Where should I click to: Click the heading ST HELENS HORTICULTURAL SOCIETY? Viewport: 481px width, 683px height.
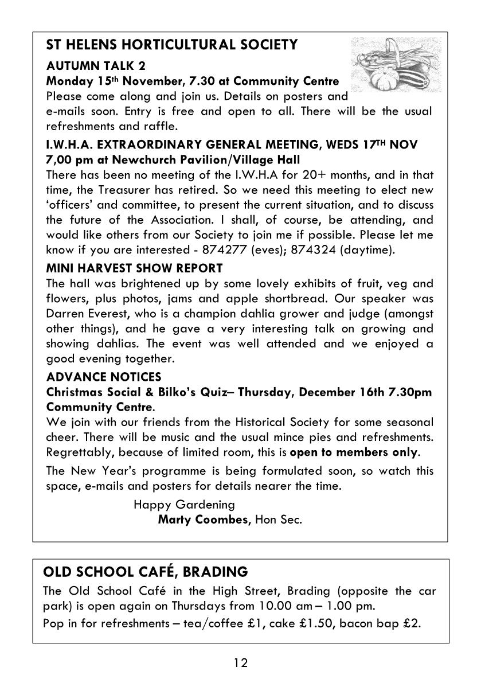tap(171, 45)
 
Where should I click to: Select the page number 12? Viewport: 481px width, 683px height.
tap(240, 663)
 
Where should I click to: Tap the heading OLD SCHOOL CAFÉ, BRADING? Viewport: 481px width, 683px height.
tap(146, 572)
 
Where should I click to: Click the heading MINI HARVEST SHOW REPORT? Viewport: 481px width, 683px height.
tap(134, 268)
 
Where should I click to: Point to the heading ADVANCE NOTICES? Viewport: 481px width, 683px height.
tap(104, 377)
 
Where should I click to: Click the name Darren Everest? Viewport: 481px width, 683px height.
tap(83, 314)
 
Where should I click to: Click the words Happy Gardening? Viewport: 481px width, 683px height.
tap(184, 505)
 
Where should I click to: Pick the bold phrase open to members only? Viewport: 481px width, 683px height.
tap(354, 452)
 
